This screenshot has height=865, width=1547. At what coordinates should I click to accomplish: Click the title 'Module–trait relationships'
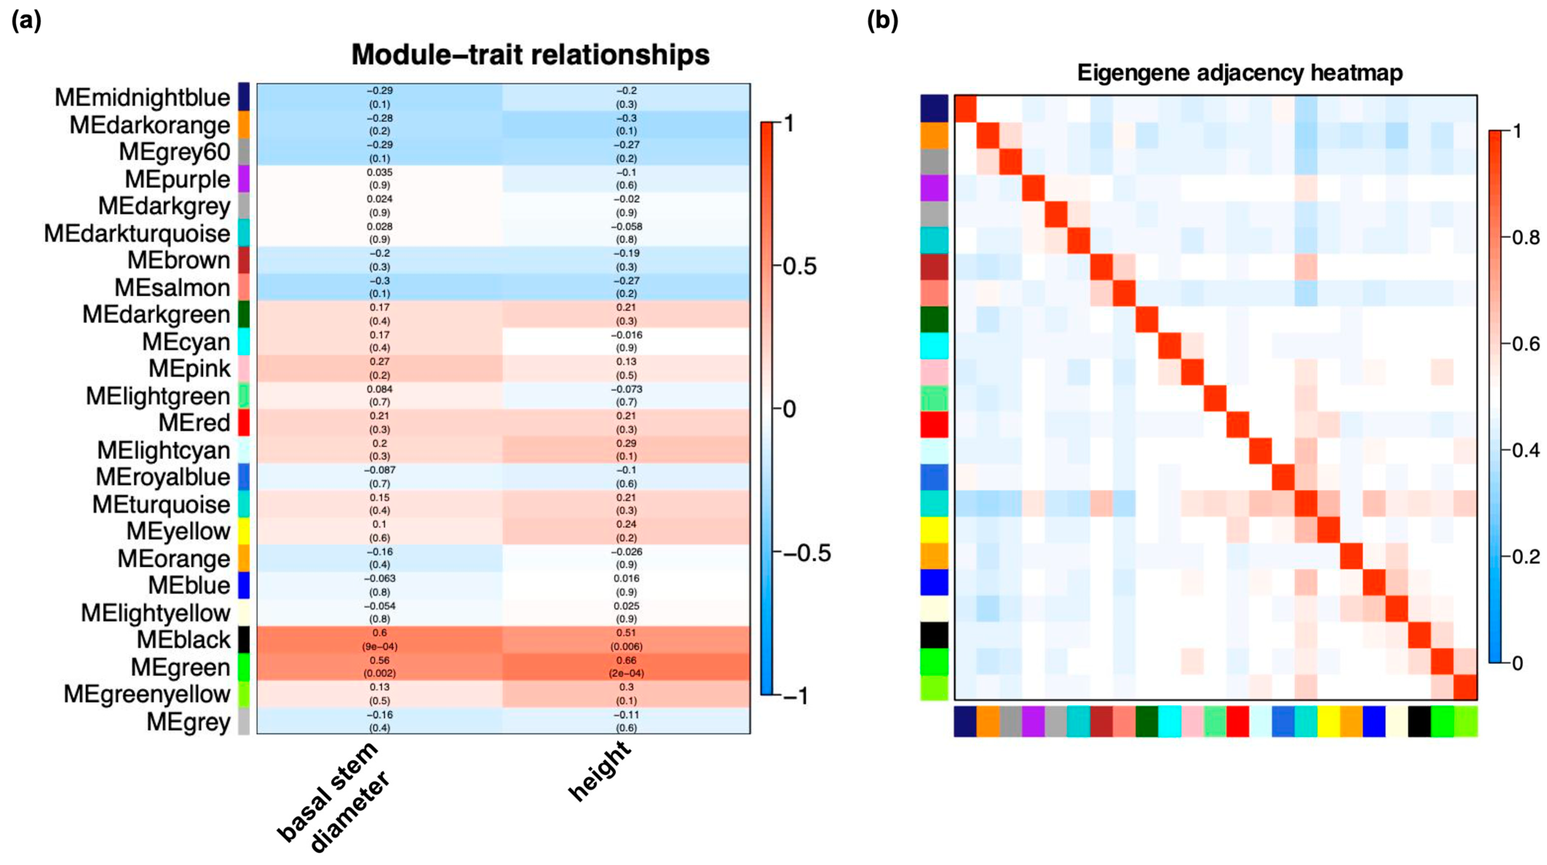pyautogui.click(x=530, y=55)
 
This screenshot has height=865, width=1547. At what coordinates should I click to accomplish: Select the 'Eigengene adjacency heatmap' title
pyautogui.click(x=1240, y=73)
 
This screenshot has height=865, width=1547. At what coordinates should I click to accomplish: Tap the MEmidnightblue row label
pyautogui.click(x=142, y=97)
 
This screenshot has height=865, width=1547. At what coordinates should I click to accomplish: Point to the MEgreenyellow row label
pyautogui.click(x=147, y=694)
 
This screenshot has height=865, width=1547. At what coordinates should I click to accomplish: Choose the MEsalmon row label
pyautogui.click(x=172, y=288)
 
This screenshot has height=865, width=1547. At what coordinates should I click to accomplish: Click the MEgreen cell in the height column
pyautogui.click(x=627, y=667)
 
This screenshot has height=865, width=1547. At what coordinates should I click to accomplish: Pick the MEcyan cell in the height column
pyautogui.click(x=627, y=341)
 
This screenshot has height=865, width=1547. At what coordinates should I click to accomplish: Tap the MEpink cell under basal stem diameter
pyautogui.click(x=379, y=368)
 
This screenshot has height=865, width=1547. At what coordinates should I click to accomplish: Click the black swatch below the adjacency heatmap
pyautogui.click(x=1419, y=721)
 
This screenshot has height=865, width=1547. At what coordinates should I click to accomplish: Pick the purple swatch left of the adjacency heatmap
pyautogui.click(x=934, y=188)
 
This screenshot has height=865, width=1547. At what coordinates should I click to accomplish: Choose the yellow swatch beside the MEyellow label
pyautogui.click(x=243, y=530)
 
